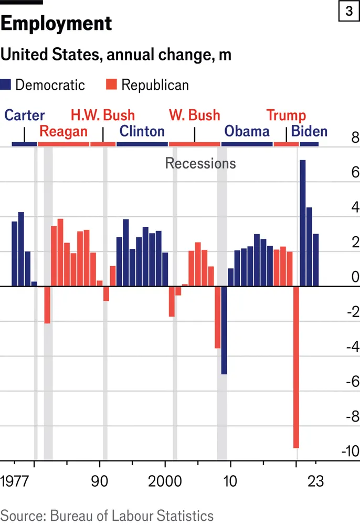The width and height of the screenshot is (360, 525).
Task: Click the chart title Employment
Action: pos(56,24)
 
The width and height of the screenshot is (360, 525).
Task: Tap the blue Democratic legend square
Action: pos(7,85)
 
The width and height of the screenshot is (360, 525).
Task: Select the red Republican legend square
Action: pos(112,85)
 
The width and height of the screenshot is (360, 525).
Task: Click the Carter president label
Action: pos(25,115)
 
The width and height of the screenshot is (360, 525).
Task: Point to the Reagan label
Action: pos(63,131)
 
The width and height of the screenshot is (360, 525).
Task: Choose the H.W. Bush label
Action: pos(103,115)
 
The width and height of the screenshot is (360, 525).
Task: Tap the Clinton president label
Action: pos(142,131)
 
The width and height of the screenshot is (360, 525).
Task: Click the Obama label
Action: pos(247,131)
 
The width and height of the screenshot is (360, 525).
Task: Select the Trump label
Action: pos(286,115)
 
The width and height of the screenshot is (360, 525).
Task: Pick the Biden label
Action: pos(309,131)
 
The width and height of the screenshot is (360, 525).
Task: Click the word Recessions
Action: pos(200,163)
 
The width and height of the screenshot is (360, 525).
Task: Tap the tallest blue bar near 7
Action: pos(303,223)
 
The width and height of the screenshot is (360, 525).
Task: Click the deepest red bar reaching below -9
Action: pos(296,367)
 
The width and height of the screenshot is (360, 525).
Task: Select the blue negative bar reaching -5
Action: pos(224,330)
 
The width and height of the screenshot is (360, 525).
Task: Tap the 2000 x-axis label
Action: pos(164,481)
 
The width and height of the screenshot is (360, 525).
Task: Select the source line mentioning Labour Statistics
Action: pos(107,515)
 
